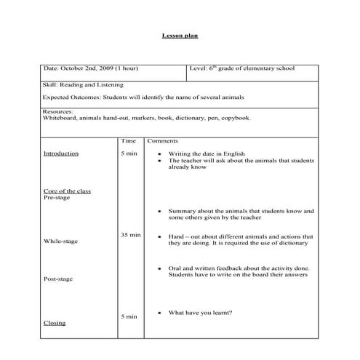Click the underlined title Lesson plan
[180, 35]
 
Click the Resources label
[58, 111]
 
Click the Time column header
[129, 140]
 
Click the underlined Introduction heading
[61, 154]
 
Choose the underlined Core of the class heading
[68, 191]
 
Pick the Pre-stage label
[57, 198]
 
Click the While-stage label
[61, 241]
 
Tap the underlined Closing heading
[54, 323]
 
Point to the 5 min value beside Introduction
[128, 154]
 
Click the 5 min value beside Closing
[128, 316]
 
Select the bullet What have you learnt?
[200, 313]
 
